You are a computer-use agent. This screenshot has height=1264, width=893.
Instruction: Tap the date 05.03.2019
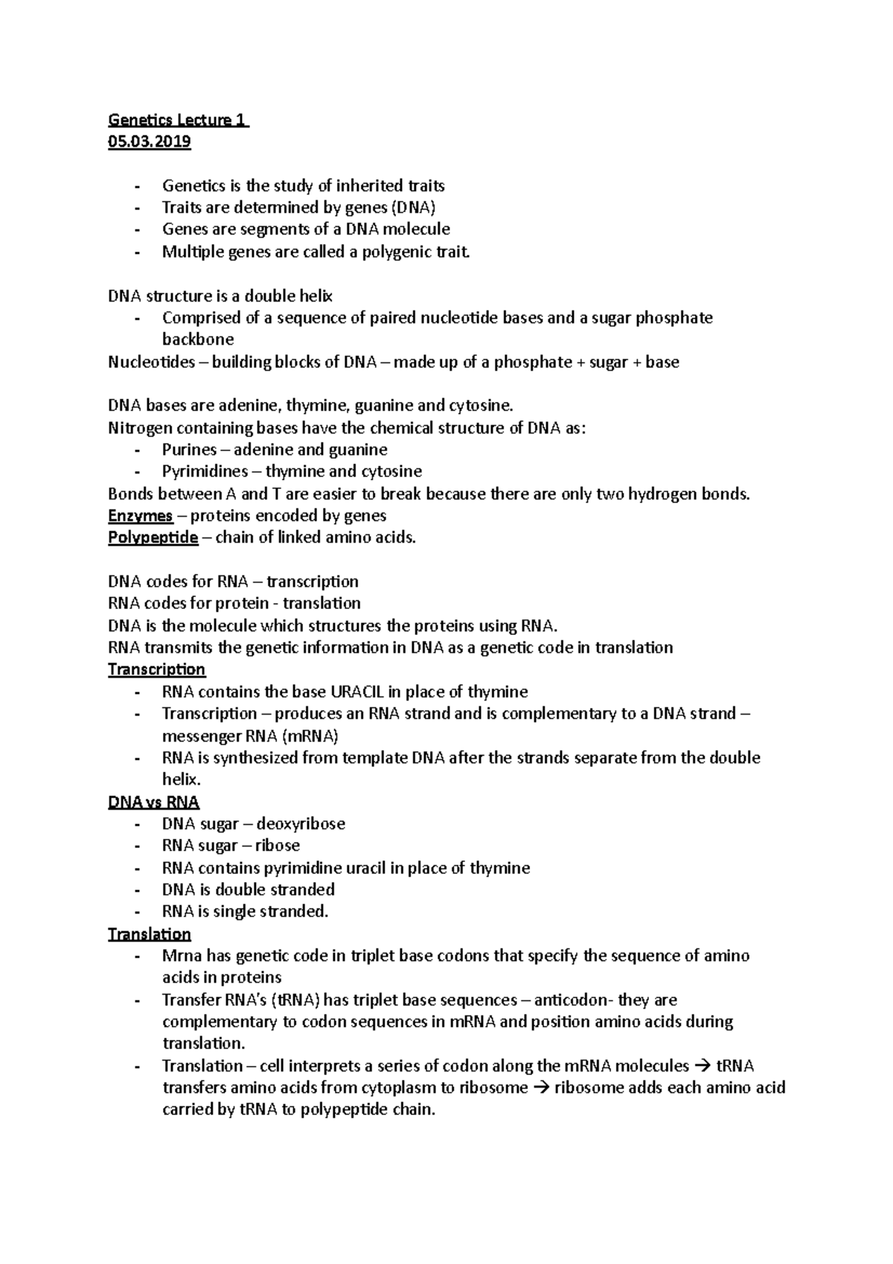[149, 141]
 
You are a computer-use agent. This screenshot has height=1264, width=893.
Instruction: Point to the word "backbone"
[198, 339]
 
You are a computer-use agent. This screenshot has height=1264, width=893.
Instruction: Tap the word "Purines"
[190, 450]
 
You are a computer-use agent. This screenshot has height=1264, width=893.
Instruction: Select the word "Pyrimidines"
[205, 471]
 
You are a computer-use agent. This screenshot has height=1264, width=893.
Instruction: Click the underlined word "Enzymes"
[140, 515]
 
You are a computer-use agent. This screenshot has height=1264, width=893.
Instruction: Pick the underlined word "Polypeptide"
[153, 537]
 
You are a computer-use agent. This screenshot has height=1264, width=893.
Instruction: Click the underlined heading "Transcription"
[156, 669]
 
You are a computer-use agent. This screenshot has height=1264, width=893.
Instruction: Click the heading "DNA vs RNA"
[153, 802]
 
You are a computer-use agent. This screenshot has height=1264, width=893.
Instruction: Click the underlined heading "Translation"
[149, 933]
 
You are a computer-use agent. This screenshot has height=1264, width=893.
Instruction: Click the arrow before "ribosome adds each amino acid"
[542, 1088]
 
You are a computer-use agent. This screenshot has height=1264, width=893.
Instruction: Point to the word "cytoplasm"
[399, 1088]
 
